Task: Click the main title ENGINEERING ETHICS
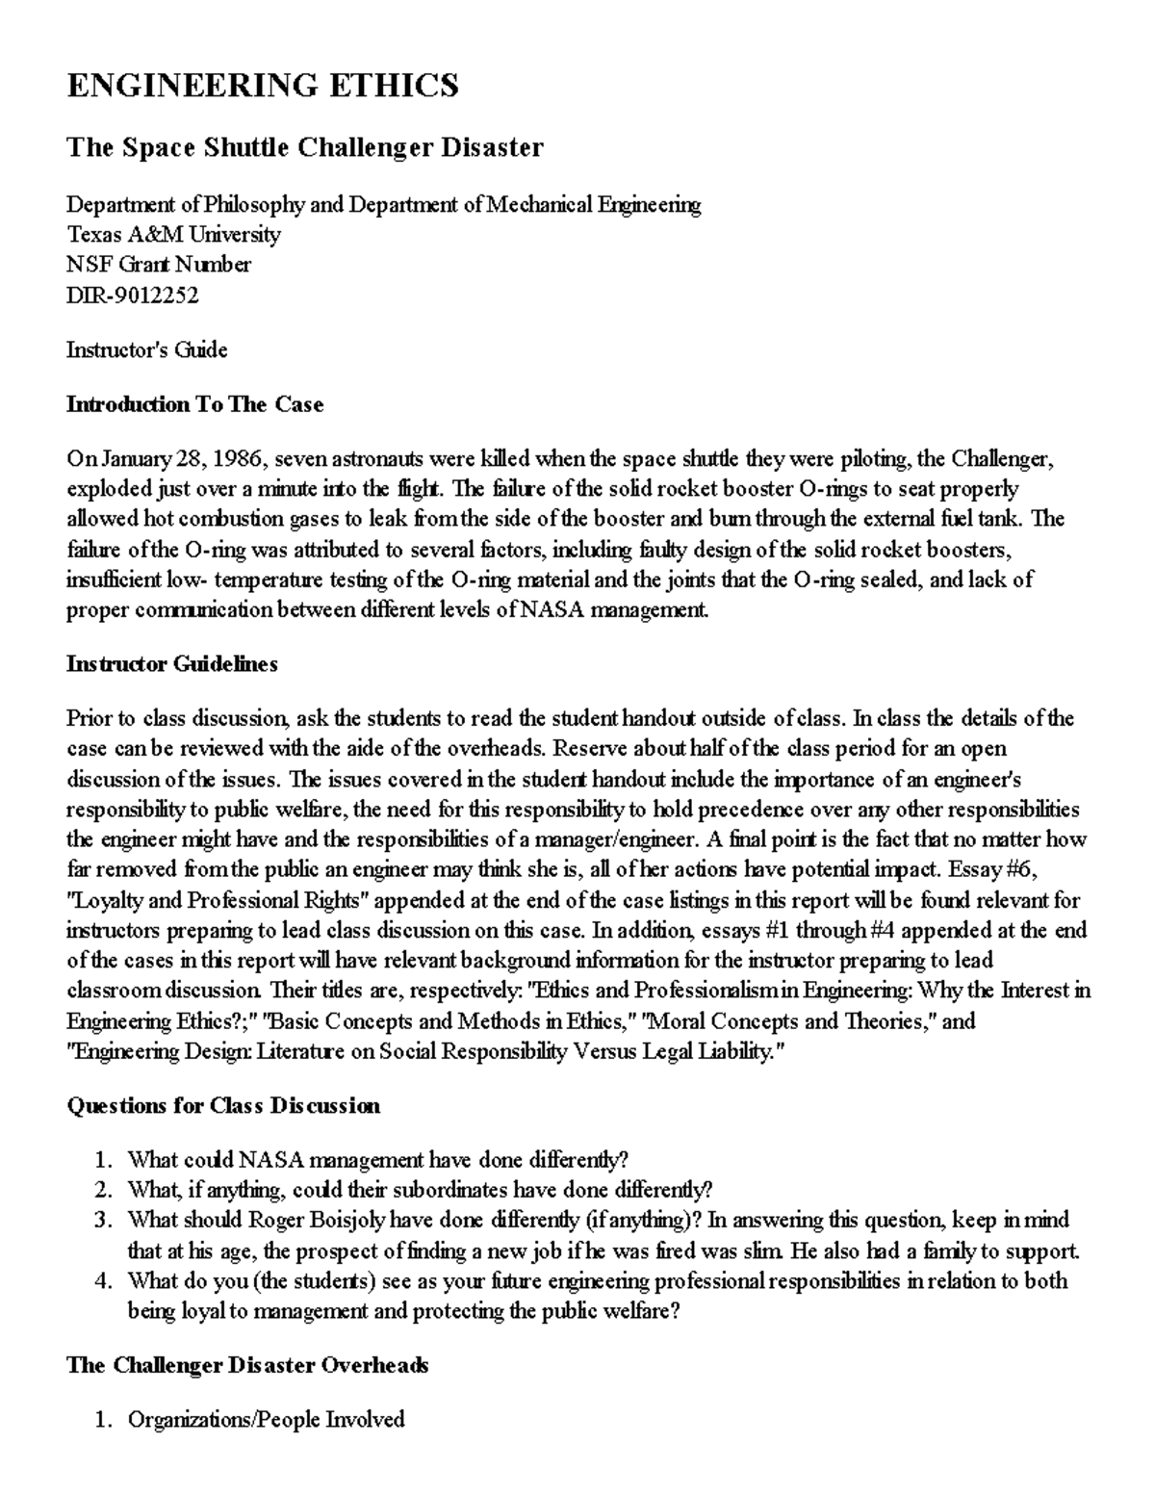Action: [x=262, y=87]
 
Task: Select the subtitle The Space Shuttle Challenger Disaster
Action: [x=304, y=147]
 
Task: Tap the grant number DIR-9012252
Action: [x=132, y=296]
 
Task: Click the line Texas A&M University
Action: [x=173, y=235]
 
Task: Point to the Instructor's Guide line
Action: [x=146, y=349]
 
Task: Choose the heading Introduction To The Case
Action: [x=194, y=404]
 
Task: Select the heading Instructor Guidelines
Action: [x=171, y=664]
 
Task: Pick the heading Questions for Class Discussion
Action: [x=222, y=1105]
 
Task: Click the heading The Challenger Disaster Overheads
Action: [x=246, y=1365]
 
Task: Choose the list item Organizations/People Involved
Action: [x=266, y=1420]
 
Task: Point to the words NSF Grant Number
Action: [x=158, y=265]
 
